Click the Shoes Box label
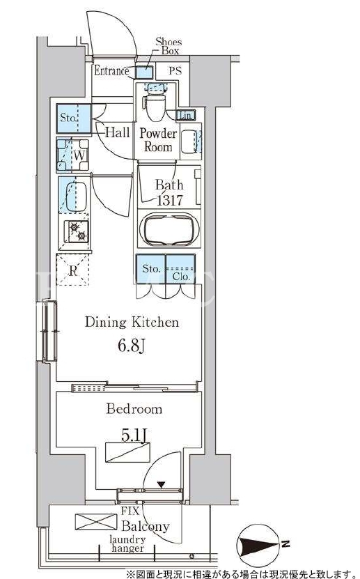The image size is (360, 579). pos(169,46)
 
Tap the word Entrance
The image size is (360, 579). pos(111,70)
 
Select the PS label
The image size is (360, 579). pos(175,70)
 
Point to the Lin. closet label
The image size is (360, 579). pos(186,116)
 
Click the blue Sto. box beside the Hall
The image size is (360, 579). pos(74,119)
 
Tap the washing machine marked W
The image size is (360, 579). pos(72,155)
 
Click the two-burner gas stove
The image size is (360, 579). pos(77,231)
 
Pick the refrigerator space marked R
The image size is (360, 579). pos(72,270)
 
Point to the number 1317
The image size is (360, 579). pos(170,201)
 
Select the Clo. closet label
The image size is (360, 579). pos(181,277)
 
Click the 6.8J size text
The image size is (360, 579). pos(132,346)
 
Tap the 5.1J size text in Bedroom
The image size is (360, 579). pos(135,435)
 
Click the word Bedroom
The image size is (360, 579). pos(134,409)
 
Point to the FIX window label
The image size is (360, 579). pos(130,511)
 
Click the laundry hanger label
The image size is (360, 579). pos(127,544)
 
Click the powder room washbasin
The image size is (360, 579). pos(189,141)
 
